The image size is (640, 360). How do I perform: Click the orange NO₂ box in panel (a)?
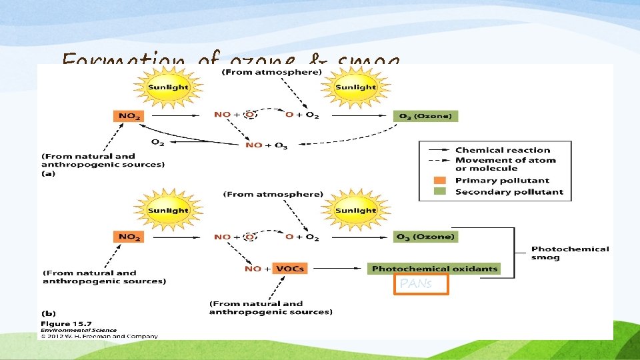click(129, 116)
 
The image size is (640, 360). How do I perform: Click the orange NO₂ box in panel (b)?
click(129, 237)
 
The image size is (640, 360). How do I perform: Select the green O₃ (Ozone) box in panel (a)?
click(425, 116)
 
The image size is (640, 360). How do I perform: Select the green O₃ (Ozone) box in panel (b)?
click(425, 237)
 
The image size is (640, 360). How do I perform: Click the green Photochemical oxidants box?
click(434, 269)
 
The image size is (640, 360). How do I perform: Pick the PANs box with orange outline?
click(421, 284)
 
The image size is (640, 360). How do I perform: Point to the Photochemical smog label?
click(570, 253)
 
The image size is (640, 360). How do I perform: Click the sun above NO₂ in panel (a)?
click(168, 87)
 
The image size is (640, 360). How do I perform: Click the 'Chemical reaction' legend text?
click(503, 151)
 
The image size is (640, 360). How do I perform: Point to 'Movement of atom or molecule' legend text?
click(505, 164)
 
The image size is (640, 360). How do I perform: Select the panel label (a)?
click(48, 174)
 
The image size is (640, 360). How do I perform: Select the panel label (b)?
click(48, 312)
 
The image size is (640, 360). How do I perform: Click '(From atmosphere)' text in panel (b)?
click(273, 195)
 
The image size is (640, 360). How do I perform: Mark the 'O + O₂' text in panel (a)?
click(302, 115)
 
